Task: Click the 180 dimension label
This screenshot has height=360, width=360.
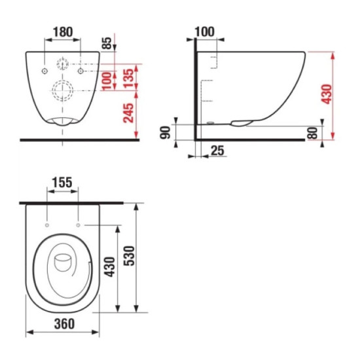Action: (63, 32)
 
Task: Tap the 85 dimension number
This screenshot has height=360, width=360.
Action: (107, 43)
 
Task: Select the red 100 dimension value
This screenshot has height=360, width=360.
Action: (107, 81)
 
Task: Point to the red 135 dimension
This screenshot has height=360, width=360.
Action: (128, 78)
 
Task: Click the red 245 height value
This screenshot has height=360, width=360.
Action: (128, 113)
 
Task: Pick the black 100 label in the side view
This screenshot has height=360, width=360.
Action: (205, 31)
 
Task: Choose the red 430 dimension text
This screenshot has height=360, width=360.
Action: (327, 94)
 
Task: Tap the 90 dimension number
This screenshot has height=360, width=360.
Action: (166, 132)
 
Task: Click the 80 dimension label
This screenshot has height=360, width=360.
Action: (312, 133)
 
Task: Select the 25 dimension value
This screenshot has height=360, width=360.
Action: (217, 151)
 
